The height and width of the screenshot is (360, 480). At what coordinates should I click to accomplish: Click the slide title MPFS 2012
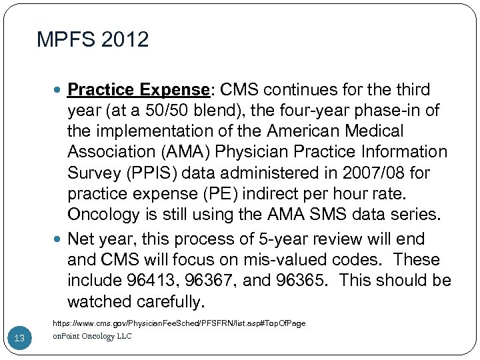point(93,40)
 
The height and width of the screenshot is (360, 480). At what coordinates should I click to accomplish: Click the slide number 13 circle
point(19,339)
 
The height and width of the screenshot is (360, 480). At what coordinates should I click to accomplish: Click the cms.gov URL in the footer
point(179,323)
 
